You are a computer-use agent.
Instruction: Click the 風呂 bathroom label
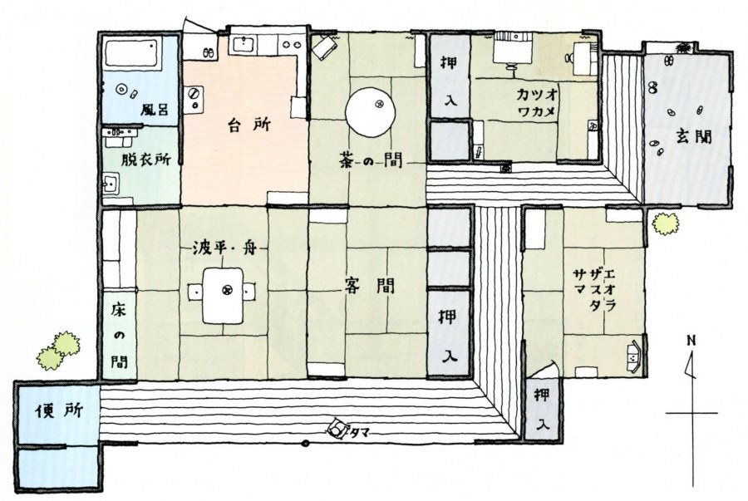(154, 110)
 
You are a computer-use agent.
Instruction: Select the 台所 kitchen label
(249, 125)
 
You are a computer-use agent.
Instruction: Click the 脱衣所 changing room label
(145, 160)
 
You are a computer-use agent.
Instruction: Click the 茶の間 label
(371, 160)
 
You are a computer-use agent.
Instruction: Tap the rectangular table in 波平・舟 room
(223, 296)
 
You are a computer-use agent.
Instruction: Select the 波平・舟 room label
(224, 248)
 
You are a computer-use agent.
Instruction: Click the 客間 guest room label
(370, 286)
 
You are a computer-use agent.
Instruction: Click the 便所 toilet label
(59, 411)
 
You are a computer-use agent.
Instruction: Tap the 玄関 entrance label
(693, 137)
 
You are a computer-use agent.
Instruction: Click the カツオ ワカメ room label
(536, 103)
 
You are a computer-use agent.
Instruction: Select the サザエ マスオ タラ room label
(594, 290)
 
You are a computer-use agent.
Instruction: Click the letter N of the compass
(691, 341)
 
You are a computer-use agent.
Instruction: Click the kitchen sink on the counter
(244, 44)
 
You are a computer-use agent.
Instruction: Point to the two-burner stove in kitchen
(292, 44)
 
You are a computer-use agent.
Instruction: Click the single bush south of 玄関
(666, 223)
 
